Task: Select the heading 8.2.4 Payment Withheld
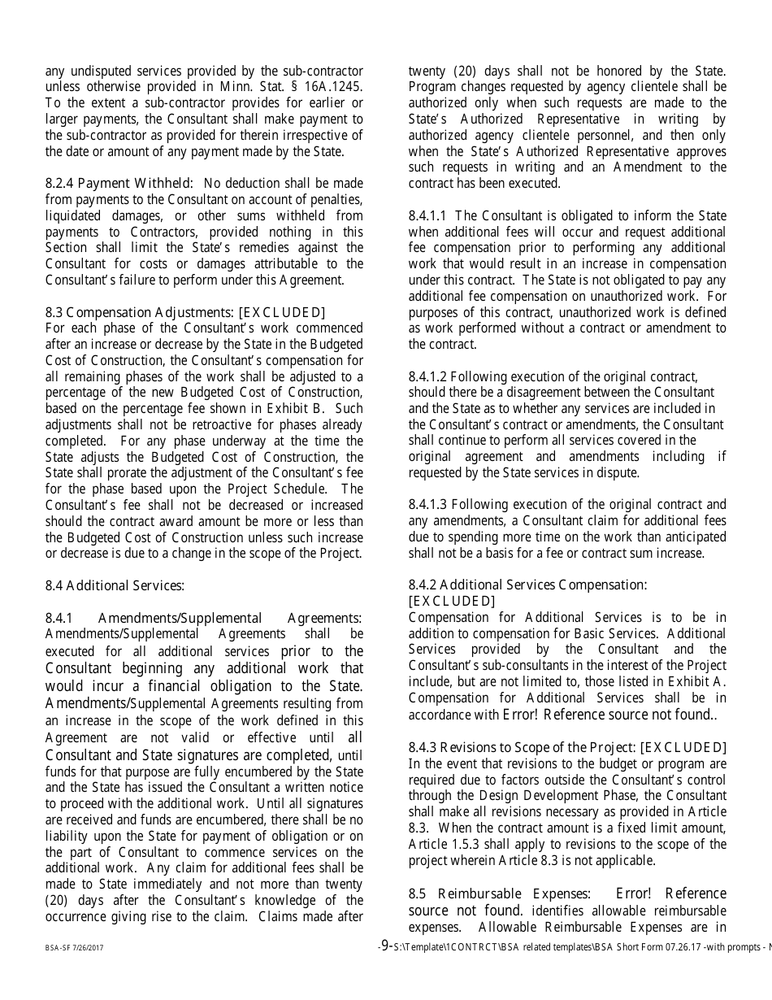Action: [119, 184]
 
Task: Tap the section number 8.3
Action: [54, 312]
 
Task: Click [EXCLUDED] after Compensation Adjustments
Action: [281, 312]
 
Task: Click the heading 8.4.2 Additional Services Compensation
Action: [527, 585]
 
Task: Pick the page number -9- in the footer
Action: [386, 946]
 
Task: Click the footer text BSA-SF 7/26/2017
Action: [74, 948]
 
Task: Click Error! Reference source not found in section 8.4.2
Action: [606, 715]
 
